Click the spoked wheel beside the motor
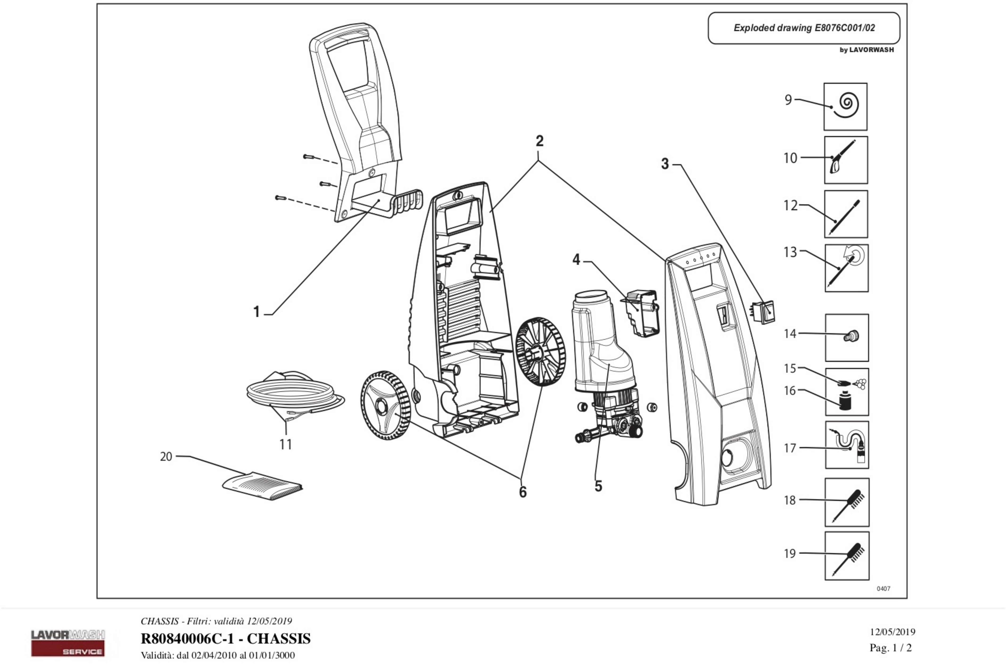point(541,352)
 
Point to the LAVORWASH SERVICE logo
point(68,643)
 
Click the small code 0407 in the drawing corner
point(884,589)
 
